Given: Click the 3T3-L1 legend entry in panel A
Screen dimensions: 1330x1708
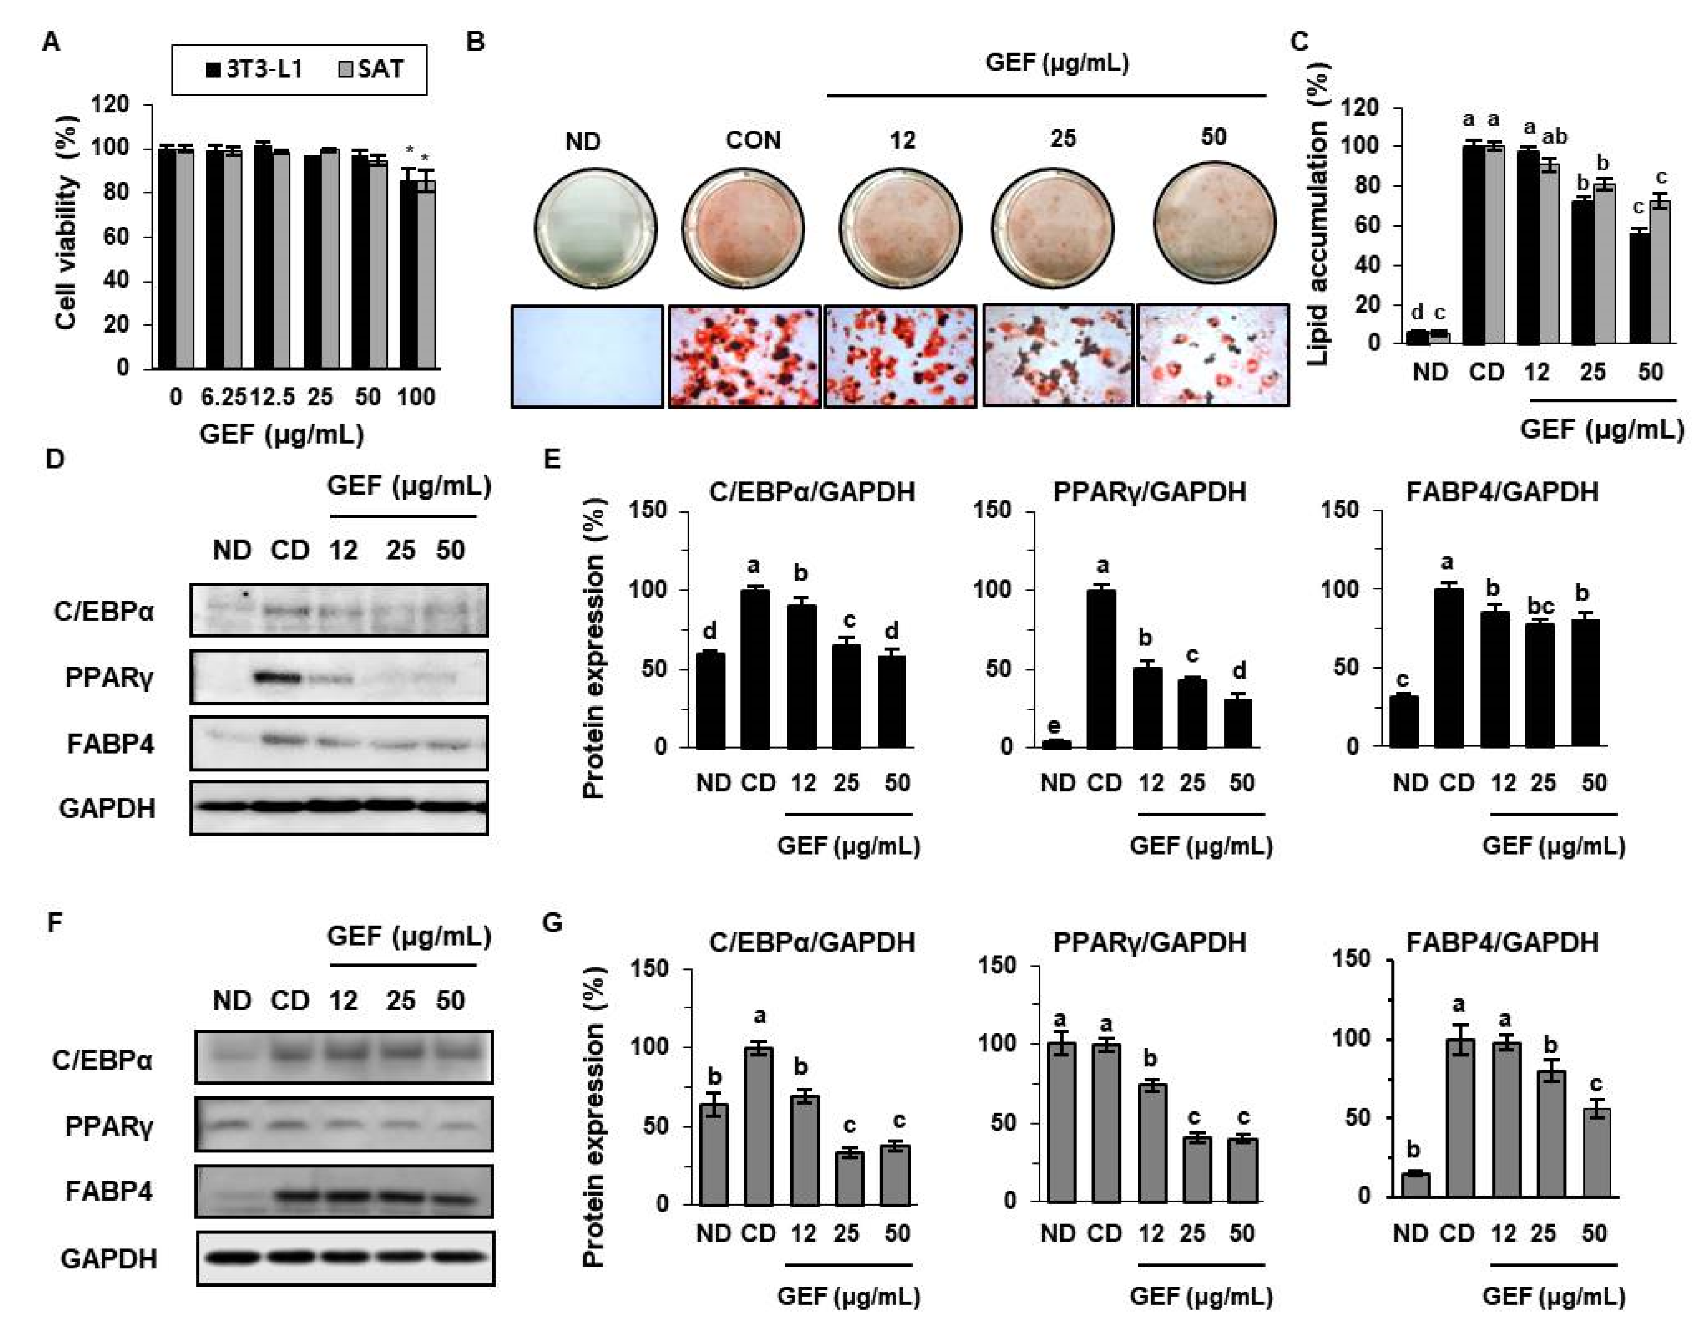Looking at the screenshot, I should pyautogui.click(x=254, y=69).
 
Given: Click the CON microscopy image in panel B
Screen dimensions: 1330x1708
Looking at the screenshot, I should pyautogui.click(x=744, y=356).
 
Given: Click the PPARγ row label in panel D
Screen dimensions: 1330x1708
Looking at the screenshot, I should pyautogui.click(x=109, y=677).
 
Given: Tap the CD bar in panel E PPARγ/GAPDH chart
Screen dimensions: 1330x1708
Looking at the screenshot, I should pyautogui.click(x=1101, y=669).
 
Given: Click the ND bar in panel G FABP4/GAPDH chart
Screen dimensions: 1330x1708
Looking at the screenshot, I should pyautogui.click(x=1415, y=1185).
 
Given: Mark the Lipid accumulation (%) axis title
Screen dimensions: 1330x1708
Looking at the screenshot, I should pyautogui.click(x=1318, y=215).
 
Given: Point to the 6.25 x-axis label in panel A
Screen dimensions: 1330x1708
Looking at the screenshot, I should pyautogui.click(x=223, y=398).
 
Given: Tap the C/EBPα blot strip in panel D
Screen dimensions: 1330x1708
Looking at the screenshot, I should pyautogui.click(x=339, y=609).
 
